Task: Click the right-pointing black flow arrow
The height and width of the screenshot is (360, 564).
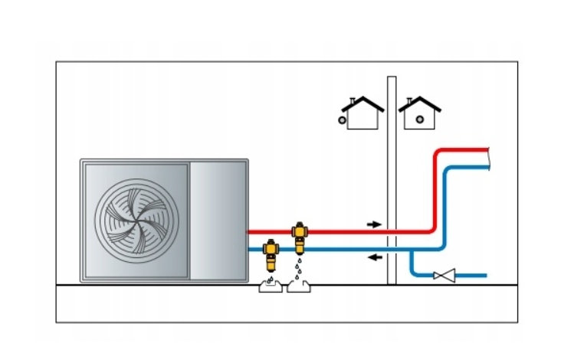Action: (x=373, y=224)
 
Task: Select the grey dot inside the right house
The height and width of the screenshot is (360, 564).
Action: (x=420, y=119)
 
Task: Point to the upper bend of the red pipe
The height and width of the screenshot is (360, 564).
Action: (x=438, y=153)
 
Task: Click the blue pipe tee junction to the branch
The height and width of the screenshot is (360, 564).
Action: (x=412, y=250)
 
